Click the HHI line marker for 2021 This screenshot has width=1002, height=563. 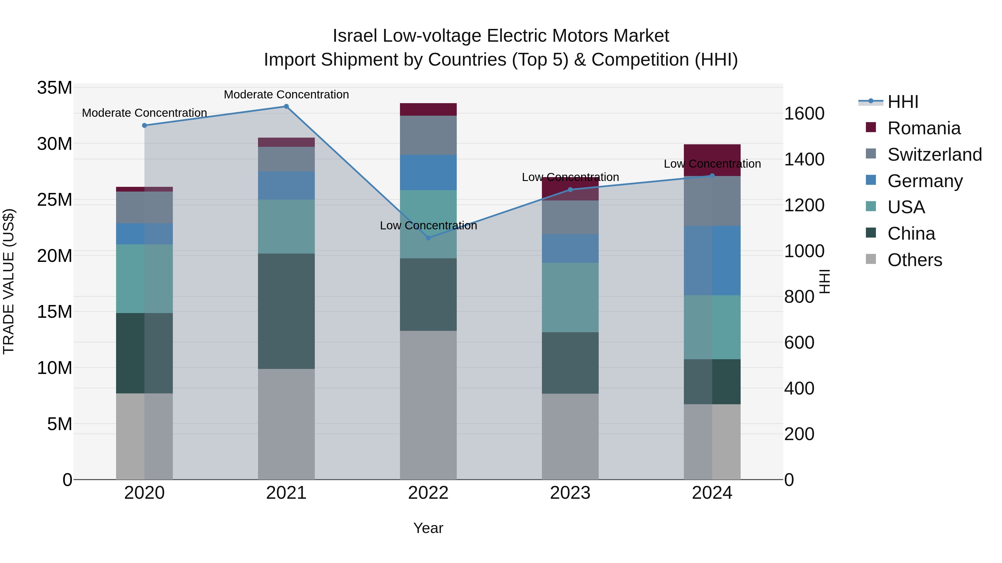[286, 106]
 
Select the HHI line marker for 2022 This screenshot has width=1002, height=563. [428, 238]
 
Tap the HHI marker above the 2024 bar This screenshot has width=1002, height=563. [712, 176]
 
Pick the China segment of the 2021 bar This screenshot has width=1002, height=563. [286, 311]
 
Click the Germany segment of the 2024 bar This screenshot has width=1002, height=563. [712, 260]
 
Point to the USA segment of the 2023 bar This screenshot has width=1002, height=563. [570, 297]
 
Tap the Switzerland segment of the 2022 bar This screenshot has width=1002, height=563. [428, 135]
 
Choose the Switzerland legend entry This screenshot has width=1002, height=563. [934, 155]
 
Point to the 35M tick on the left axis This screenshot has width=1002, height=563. [55, 88]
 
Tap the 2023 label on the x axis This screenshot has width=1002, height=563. [570, 493]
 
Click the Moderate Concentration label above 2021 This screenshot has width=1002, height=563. [286, 95]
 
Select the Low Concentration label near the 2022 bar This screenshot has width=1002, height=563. [428, 225]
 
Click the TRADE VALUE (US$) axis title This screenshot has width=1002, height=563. [9, 281]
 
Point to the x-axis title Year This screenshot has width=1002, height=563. [428, 528]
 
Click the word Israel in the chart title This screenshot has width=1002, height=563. [355, 36]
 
